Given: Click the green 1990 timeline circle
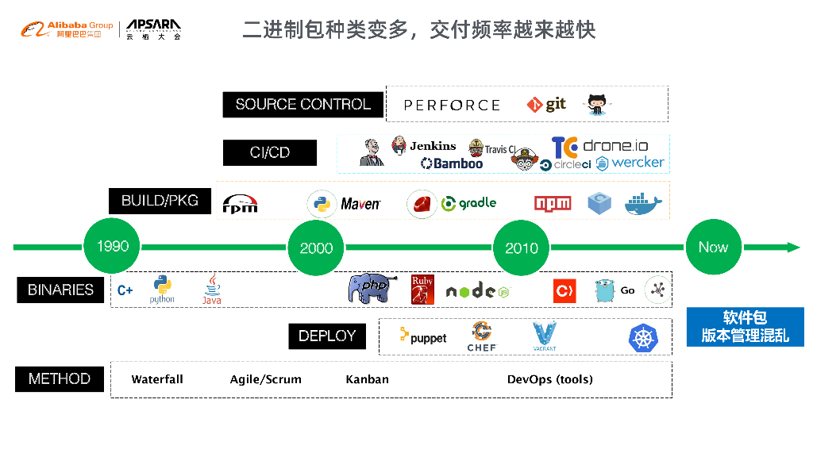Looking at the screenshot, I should click(x=112, y=246).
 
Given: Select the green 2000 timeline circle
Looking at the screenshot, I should click(x=316, y=248).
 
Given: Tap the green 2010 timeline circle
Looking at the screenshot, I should click(x=522, y=248).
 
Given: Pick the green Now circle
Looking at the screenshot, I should click(x=713, y=247).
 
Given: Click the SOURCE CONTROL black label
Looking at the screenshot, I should click(x=303, y=105).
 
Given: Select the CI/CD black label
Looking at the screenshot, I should click(x=270, y=152).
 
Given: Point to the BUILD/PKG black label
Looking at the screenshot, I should click(x=160, y=201).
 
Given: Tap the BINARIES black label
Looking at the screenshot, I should click(x=60, y=290).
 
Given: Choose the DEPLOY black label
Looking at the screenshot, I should click(x=327, y=336).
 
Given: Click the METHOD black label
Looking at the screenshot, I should click(x=60, y=379).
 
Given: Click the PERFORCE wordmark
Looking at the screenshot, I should click(x=452, y=105).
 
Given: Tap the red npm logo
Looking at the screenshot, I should click(x=553, y=204).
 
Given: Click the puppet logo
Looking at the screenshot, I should click(x=423, y=337).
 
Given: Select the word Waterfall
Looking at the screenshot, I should click(x=157, y=379).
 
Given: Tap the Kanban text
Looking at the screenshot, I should click(x=367, y=379).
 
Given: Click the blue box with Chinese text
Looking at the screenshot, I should click(x=745, y=327).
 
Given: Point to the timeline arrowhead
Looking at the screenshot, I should click(x=793, y=248).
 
